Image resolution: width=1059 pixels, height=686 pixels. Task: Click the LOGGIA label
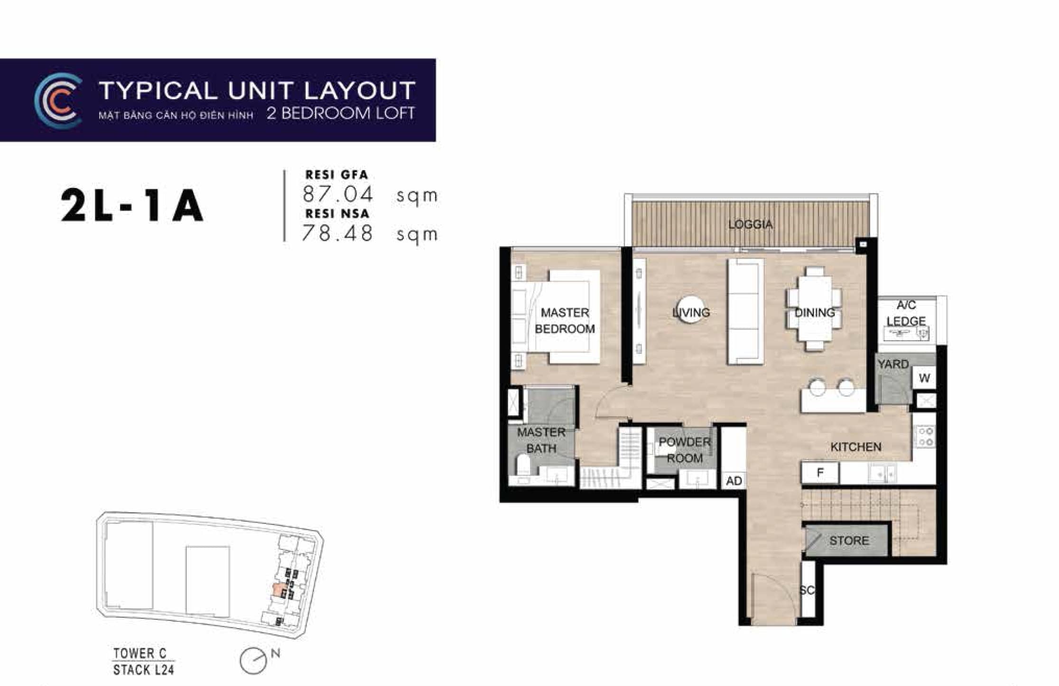click(x=750, y=224)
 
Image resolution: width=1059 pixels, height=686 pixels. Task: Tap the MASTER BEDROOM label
click(x=565, y=321)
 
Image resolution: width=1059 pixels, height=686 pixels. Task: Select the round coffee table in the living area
click(x=691, y=309)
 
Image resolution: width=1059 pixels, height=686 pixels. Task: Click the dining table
click(x=815, y=308)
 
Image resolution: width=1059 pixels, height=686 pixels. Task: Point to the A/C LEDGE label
click(x=906, y=313)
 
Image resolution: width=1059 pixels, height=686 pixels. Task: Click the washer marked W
click(x=924, y=378)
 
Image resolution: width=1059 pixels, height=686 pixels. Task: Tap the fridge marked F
click(x=820, y=473)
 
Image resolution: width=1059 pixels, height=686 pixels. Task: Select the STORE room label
click(x=849, y=540)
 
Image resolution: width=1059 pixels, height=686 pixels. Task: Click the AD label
click(x=734, y=481)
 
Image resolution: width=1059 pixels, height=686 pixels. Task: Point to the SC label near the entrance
click(x=807, y=590)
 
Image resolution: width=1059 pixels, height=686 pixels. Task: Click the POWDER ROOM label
click(x=685, y=450)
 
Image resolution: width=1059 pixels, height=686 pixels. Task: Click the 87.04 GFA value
click(x=338, y=195)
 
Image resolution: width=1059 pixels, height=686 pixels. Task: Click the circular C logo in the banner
click(x=58, y=101)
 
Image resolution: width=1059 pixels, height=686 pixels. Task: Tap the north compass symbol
click(x=254, y=660)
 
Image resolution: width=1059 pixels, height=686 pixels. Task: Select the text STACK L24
click(x=143, y=669)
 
